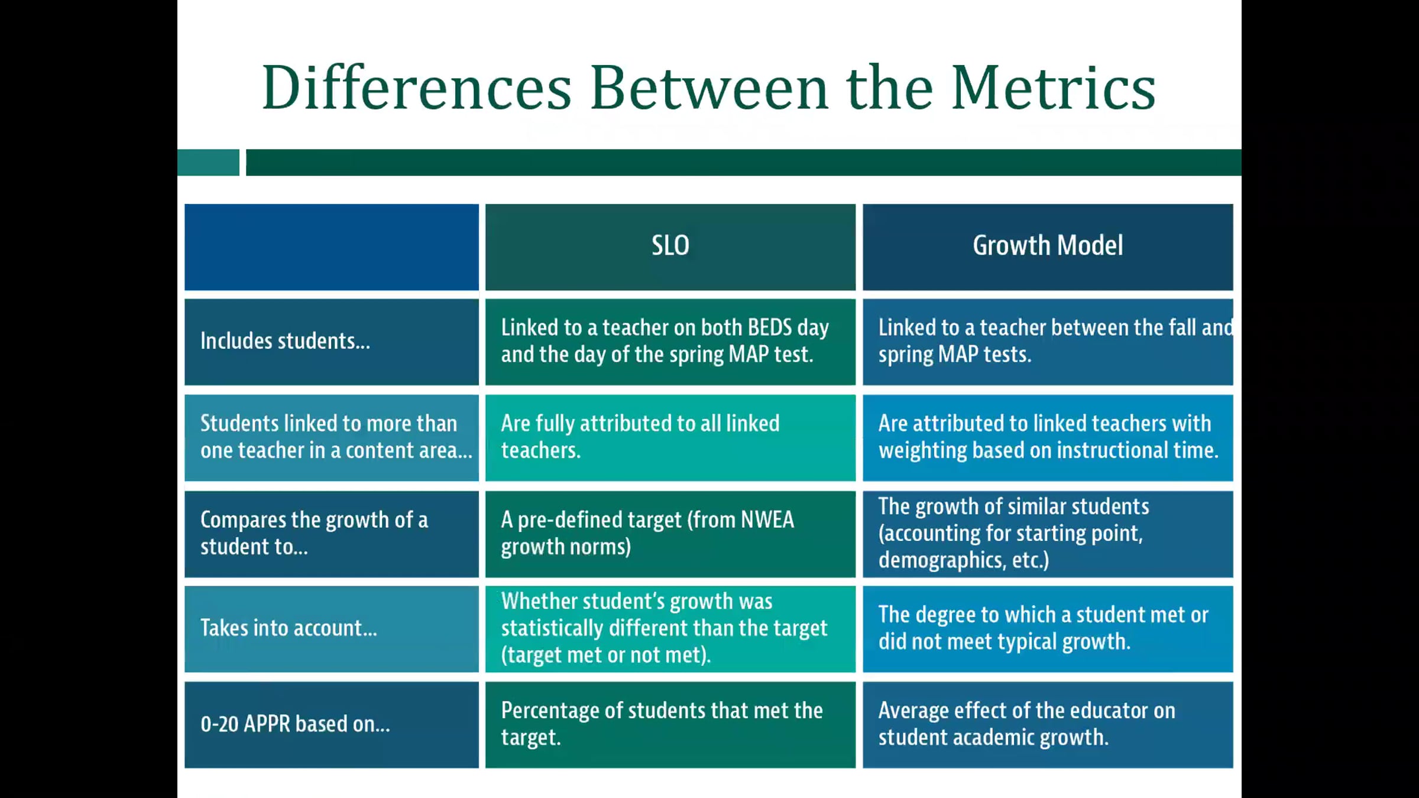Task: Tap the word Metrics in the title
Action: point(1053,88)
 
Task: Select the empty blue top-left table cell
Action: point(332,246)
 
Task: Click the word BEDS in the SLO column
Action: point(770,327)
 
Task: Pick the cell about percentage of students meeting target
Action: point(670,725)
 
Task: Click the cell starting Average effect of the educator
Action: point(1048,725)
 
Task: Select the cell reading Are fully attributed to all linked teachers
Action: point(670,437)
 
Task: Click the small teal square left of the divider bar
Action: point(208,163)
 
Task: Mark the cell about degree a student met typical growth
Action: point(1048,629)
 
